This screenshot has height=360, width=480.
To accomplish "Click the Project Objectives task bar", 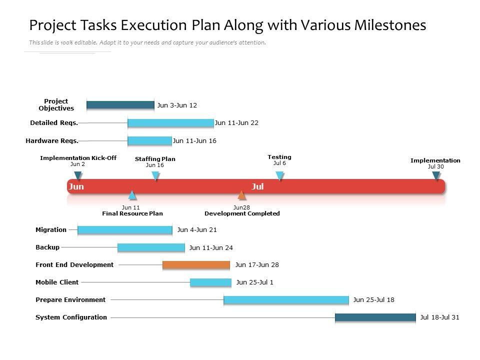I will (120, 105).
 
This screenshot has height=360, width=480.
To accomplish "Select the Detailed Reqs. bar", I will (170, 122).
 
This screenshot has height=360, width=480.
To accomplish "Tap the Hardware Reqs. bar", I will (149, 140).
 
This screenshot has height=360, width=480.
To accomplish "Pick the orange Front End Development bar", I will (196, 265).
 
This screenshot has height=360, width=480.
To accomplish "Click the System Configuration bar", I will (375, 317).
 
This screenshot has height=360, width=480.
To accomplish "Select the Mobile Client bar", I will (210, 282).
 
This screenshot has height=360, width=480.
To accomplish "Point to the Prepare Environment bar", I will (286, 299).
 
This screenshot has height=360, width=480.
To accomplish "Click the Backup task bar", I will (151, 247).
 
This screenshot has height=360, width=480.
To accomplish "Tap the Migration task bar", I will (124, 230).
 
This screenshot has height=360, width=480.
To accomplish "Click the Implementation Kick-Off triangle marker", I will (77, 175).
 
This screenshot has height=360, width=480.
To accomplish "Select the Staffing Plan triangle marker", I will (155, 175).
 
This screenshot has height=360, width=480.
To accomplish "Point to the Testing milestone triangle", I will (279, 175).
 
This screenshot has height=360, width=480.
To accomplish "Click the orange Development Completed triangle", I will (242, 195).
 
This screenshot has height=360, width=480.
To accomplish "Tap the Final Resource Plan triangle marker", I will (132, 195).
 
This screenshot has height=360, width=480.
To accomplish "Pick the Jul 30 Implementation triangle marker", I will (436, 175).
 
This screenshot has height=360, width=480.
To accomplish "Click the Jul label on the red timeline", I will (257, 186).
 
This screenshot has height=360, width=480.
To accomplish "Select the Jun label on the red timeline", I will (76, 186).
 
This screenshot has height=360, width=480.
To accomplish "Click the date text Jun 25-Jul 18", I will (373, 300).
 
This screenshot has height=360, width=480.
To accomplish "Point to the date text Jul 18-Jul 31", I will (439, 317).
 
